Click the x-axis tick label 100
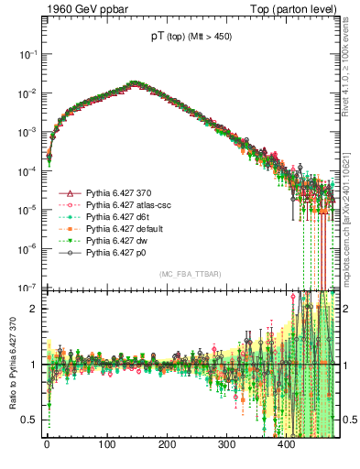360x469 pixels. [x=106, y=445]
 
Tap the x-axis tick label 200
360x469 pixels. [x=167, y=445]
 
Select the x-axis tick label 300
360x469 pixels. [x=226, y=445]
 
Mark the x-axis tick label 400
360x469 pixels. [x=286, y=445]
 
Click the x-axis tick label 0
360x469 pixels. [x=47, y=445]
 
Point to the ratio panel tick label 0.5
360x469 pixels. [x=33, y=420]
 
